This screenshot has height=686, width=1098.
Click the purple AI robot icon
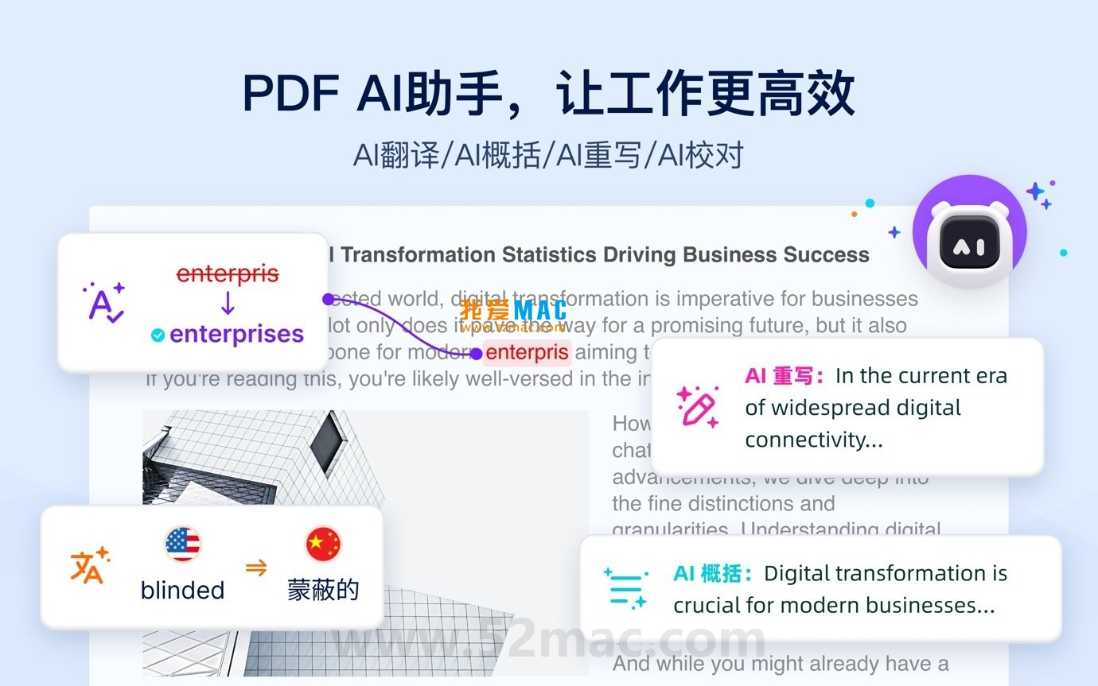point(969,233)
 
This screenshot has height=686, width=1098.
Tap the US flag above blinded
point(183,545)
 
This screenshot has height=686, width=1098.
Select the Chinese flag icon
point(323,545)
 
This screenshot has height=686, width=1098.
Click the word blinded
point(182,590)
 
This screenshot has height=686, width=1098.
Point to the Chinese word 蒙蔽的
point(323,590)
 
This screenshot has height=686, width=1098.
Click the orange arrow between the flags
point(255,568)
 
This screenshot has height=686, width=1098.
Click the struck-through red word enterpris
point(228,274)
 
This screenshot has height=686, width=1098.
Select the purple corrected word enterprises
point(236,334)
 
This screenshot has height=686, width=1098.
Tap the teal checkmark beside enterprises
point(158,335)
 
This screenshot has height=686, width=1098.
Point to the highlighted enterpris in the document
point(527,352)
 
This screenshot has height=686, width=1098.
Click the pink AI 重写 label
point(784,376)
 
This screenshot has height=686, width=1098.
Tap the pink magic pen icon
point(697,407)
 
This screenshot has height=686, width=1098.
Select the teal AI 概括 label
point(712,573)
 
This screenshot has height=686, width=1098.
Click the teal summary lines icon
point(625,588)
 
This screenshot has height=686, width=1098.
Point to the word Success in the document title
point(826,255)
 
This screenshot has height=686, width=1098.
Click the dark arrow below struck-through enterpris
point(228,304)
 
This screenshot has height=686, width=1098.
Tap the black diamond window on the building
point(328,442)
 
